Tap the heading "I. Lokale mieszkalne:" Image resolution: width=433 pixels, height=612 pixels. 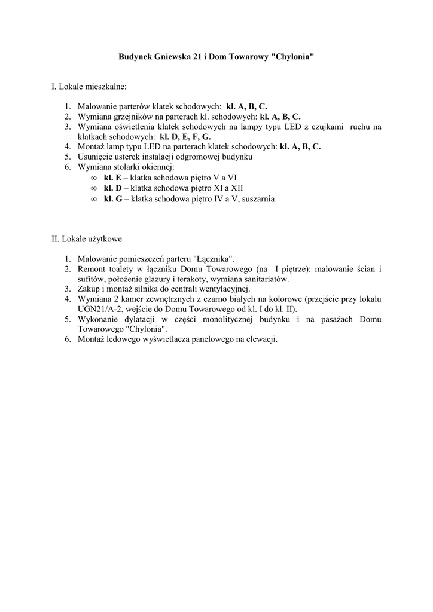pyautogui.click(x=89, y=87)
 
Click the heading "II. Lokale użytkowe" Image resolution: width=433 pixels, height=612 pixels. pyautogui.click(x=87, y=239)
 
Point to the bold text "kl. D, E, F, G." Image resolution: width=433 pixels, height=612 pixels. pyautogui.click(x=185, y=136)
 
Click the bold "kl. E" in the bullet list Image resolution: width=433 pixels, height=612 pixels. pyautogui.click(x=112, y=178)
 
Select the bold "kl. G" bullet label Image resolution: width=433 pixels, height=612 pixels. pyautogui.click(x=113, y=198)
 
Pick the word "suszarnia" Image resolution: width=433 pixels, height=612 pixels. pyautogui.click(x=257, y=198)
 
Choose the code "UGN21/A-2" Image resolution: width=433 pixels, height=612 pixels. pyautogui.click(x=98, y=309)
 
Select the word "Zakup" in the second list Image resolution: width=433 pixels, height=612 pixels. pyautogui.click(x=89, y=289)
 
